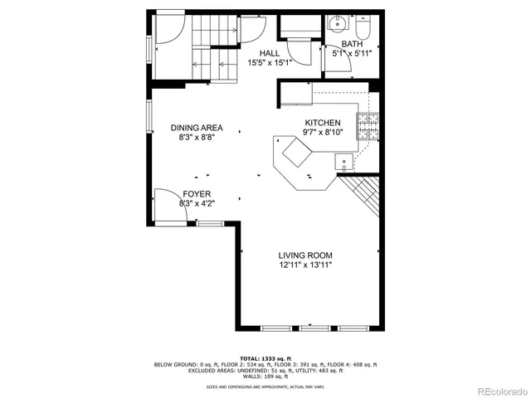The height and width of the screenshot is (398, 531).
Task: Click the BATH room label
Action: point(353,45)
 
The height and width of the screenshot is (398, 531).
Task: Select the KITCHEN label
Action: point(323,122)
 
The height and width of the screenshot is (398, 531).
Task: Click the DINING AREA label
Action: point(197,128)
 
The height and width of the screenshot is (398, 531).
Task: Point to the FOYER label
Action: point(197,193)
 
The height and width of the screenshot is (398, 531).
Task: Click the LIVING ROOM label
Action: point(305,255)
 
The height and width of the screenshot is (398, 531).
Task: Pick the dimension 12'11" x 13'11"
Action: point(305,265)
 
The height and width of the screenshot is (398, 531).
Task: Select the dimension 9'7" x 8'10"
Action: point(323,132)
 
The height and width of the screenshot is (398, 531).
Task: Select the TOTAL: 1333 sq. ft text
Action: point(265,357)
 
